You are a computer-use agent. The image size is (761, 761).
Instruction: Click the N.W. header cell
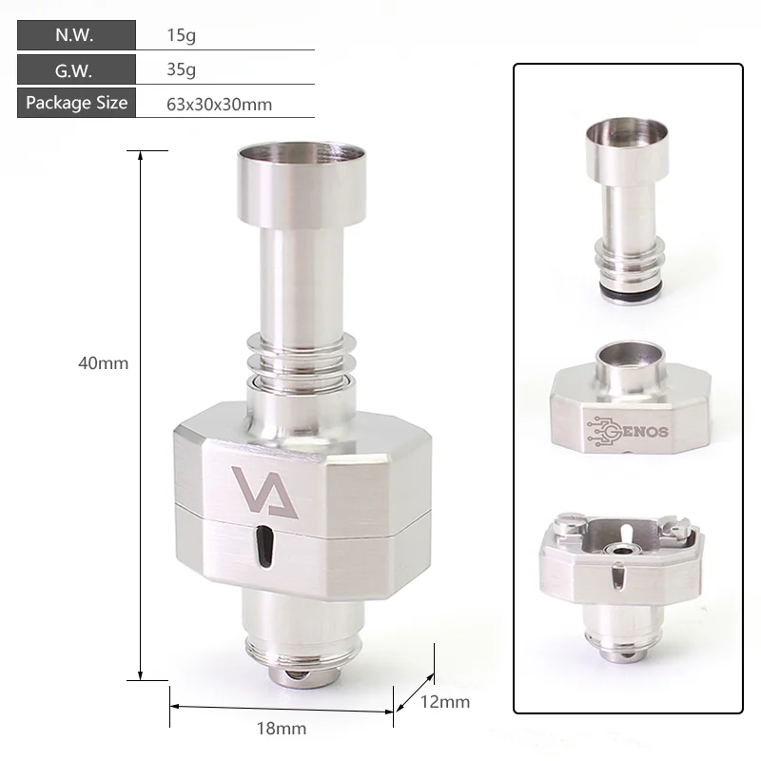tap(74, 36)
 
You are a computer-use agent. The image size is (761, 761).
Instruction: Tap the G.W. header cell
tap(74, 69)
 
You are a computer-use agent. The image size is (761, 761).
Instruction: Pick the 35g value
tap(180, 70)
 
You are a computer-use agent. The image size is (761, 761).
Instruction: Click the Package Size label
tap(76, 103)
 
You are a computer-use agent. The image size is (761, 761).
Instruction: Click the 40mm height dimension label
tap(103, 362)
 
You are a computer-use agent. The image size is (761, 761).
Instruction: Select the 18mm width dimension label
tap(283, 729)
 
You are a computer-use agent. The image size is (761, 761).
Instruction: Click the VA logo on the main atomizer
tap(264, 492)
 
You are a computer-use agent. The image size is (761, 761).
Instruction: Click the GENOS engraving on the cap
tap(628, 428)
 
